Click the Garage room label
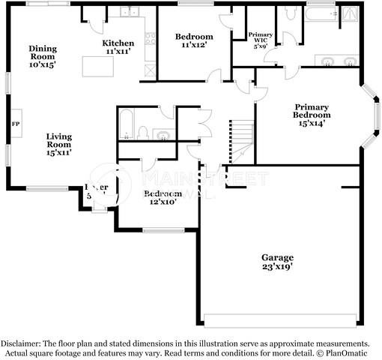point(277,262)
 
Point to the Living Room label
point(59,142)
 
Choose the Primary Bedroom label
point(312,114)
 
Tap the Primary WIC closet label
point(261,40)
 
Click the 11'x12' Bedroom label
point(194,40)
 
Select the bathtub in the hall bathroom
point(126,124)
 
